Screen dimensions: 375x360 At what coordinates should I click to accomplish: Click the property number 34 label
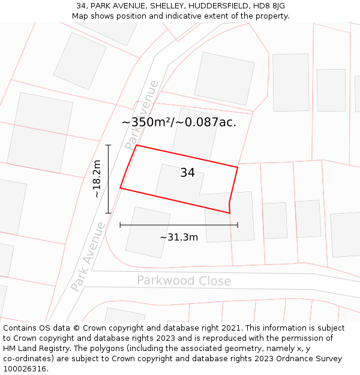coord(187,173)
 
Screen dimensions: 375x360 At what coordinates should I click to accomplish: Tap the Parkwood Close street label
coord(184,281)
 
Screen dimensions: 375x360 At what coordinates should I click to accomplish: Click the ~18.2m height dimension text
coord(97,179)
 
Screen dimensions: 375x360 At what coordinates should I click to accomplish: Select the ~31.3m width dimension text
coord(179,237)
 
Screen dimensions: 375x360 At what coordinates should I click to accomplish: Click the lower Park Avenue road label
coord(88,257)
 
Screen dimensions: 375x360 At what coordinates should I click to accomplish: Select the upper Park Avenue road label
coord(142,115)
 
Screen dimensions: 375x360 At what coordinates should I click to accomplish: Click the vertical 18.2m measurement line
coord(109,179)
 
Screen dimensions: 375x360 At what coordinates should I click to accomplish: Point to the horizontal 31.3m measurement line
coord(179,225)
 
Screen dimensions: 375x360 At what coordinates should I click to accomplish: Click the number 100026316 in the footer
coord(25,368)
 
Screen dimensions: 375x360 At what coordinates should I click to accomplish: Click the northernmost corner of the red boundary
coord(137,145)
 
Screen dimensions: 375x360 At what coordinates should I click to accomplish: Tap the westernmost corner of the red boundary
coord(121,188)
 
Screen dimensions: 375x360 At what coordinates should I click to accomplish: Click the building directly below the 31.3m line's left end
coord(148,232)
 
